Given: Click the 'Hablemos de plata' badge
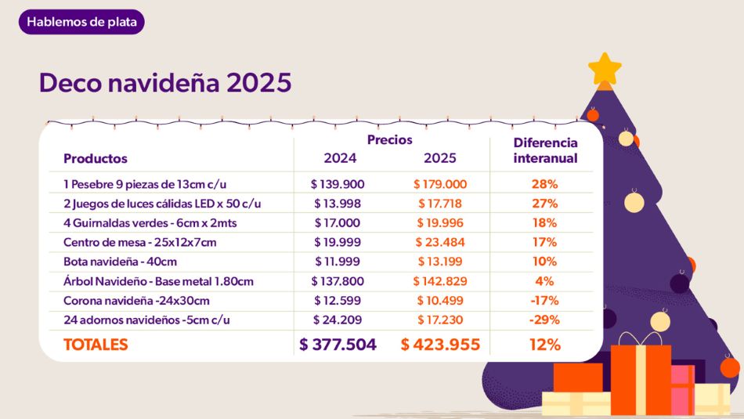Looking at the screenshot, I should pyautogui.click(x=81, y=22).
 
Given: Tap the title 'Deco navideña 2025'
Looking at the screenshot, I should pyautogui.click(x=165, y=82).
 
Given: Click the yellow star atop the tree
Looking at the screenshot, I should pyautogui.click(x=605, y=70).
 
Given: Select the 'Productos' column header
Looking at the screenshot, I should pyautogui.click(x=95, y=158).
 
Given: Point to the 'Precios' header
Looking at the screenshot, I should pyautogui.click(x=389, y=139).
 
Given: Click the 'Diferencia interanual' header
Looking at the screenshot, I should pyautogui.click(x=545, y=150).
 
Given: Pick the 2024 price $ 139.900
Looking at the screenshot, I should pyautogui.click(x=338, y=184).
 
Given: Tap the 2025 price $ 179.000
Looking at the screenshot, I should pyautogui.click(x=440, y=184).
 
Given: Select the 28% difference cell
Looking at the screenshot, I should pyautogui.click(x=545, y=184).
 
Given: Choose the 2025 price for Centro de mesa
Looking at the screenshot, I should pyautogui.click(x=440, y=242).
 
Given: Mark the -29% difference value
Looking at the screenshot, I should pyautogui.click(x=545, y=320).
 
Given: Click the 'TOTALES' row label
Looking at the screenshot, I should pyautogui.click(x=96, y=345).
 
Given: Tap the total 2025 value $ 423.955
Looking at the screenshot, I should pyautogui.click(x=440, y=345).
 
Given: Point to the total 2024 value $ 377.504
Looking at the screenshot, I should pyautogui.click(x=338, y=345).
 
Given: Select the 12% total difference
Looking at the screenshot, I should pyautogui.click(x=545, y=345).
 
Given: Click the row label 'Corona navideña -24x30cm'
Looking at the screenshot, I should pyautogui.click(x=136, y=300).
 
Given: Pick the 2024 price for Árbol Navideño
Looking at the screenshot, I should pyautogui.click(x=338, y=281).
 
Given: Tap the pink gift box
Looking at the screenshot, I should pyautogui.click(x=682, y=388).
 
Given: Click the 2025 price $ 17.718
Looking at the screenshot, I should pyautogui.click(x=440, y=204).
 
